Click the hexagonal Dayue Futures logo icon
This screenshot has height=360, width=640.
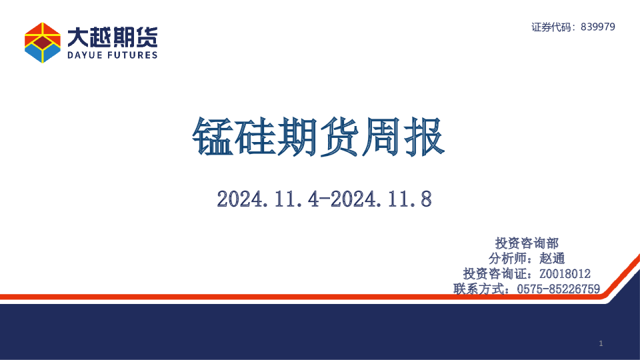pyautogui.click(x=43, y=42)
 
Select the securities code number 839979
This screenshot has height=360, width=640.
pyautogui.click(x=598, y=27)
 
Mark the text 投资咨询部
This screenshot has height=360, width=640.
pyautogui.click(x=527, y=243)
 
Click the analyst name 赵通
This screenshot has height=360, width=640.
pyautogui.click(x=551, y=258)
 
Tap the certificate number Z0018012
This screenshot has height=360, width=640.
pyautogui.click(x=565, y=273)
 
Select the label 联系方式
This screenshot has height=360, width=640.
pyautogui.click(x=479, y=289)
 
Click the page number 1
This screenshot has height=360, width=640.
pyautogui.click(x=601, y=343)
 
